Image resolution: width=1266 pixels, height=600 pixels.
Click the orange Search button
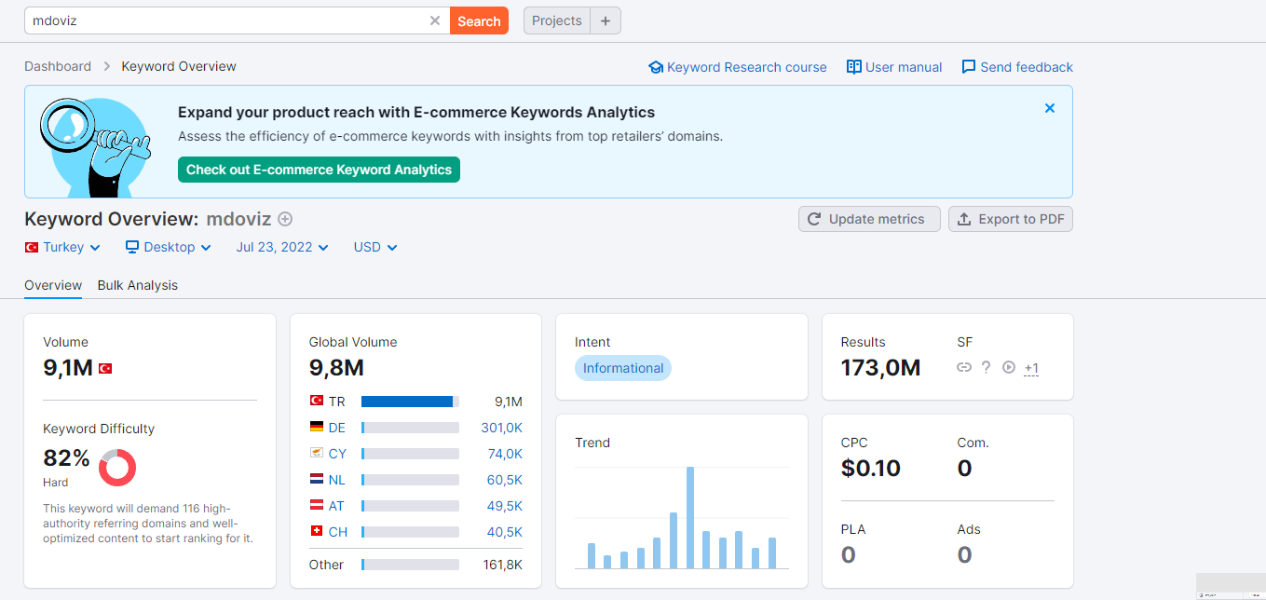click(479, 20)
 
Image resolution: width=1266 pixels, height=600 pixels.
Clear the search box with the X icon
click(435, 20)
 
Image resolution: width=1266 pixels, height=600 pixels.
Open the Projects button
click(557, 20)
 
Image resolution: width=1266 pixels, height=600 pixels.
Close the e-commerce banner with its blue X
click(1050, 108)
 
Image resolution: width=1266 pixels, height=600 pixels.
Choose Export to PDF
click(1011, 219)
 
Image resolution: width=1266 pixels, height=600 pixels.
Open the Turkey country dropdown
click(62, 247)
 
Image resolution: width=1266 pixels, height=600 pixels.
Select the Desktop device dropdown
click(169, 247)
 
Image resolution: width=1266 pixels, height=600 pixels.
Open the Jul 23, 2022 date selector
click(282, 247)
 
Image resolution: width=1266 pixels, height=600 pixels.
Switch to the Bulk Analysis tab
click(137, 285)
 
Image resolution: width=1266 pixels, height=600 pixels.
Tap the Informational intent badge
click(623, 368)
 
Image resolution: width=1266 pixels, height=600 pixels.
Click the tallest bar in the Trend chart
click(690, 517)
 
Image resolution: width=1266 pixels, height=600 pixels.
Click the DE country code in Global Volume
click(337, 428)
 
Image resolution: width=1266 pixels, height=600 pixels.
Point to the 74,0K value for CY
click(505, 454)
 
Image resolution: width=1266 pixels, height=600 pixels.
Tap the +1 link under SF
click(1031, 368)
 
